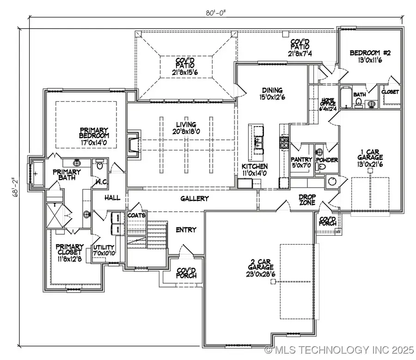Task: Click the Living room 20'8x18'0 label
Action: tap(183, 128)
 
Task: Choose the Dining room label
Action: tap(271, 94)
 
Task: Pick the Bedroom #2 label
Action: tap(369, 56)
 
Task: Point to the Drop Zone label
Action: tap(306, 200)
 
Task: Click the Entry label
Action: tap(186, 230)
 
